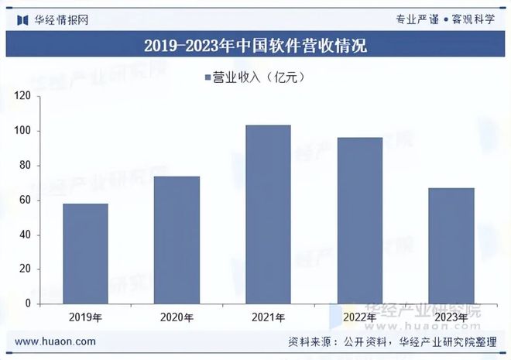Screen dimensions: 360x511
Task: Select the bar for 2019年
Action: [x=85, y=253]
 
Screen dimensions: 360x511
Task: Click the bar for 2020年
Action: [x=177, y=240]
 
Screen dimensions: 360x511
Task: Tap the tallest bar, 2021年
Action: [x=268, y=214]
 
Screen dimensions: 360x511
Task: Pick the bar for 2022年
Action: [x=360, y=220]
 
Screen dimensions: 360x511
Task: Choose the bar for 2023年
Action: [x=451, y=245]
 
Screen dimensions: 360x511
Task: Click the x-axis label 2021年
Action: [x=268, y=317]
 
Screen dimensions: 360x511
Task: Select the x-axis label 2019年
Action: [x=85, y=317]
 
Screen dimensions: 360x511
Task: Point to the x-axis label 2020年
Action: [x=177, y=317]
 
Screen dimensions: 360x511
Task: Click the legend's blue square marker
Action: [x=207, y=77]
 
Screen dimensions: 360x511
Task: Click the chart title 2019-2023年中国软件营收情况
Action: [x=256, y=46]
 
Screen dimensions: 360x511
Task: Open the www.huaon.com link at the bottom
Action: [x=56, y=341]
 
